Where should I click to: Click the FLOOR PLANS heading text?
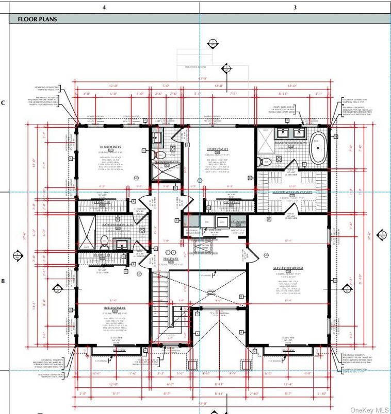pos(37,20)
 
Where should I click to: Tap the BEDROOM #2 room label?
pos(110,147)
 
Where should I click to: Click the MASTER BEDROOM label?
pos(288,268)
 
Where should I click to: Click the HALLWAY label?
pos(171,258)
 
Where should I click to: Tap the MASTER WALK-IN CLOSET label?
pos(293,192)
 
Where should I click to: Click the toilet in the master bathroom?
pos(266,162)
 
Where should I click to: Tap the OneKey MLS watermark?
pos(368,409)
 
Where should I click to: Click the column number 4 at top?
pos(104,7)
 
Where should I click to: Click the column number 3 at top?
pos(295,7)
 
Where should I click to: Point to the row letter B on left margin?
pos(4,281)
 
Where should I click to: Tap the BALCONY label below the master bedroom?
pos(288,350)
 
